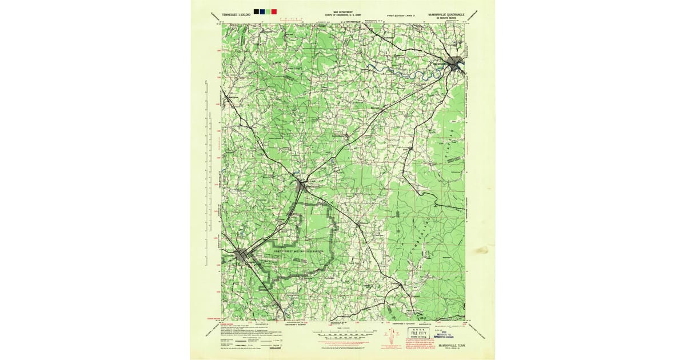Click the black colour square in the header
tap(256, 11)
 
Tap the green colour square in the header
tap(268, 11)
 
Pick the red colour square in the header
tap(274, 11)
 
